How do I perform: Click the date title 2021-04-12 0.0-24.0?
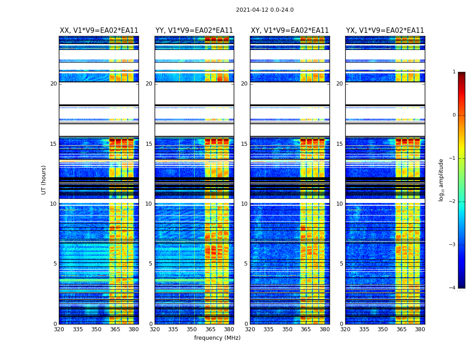tap(265, 10)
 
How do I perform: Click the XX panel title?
tap(99, 31)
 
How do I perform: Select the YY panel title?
tap(194, 31)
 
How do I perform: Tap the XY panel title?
tap(290, 31)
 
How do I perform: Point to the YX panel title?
tap(385, 31)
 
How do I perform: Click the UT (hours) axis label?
tap(44, 180)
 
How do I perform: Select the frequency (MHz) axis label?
tap(217, 338)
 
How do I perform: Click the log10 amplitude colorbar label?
tap(441, 180)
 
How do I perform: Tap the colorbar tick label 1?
tap(454, 72)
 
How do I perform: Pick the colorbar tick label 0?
tap(454, 115)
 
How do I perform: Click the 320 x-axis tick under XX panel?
tap(59, 329)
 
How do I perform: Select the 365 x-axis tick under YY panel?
tap(211, 329)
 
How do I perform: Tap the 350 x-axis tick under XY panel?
tap(287, 329)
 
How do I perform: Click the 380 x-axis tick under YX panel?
tap(420, 329)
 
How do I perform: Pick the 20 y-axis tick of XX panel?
tap(53, 84)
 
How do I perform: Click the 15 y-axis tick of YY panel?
tap(149, 144)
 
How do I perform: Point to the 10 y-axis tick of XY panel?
tap(244, 204)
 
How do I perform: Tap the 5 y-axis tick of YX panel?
tap(341, 264)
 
